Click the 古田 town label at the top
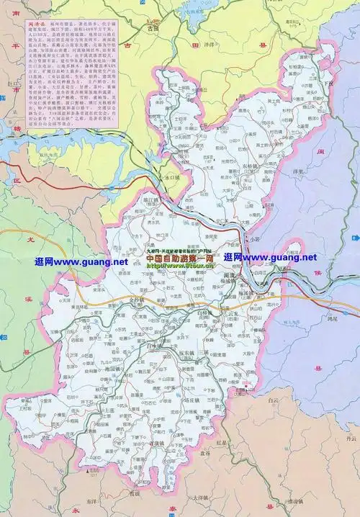click(x=152, y=28)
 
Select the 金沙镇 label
click(x=137, y=297)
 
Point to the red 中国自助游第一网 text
click(x=180, y=258)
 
